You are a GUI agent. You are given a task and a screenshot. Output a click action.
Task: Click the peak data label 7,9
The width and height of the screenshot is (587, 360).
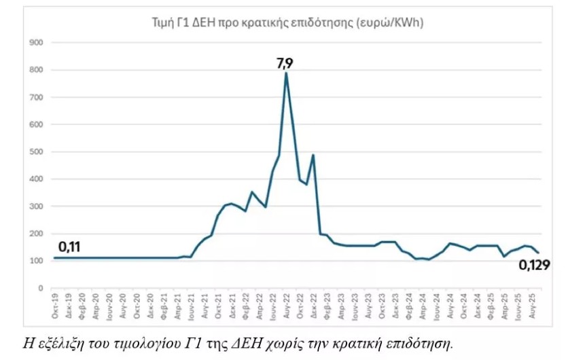[285, 63]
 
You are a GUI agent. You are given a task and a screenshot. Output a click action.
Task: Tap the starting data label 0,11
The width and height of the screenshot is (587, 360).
[70, 247]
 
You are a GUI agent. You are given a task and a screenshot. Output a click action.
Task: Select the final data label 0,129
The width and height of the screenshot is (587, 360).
[534, 265]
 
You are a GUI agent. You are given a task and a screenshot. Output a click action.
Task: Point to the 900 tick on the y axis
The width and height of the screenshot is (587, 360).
[37, 43]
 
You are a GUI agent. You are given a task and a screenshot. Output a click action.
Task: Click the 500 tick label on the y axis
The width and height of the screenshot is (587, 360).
[37, 152]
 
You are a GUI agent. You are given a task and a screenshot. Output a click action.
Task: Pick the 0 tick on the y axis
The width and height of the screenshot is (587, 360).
[40, 288]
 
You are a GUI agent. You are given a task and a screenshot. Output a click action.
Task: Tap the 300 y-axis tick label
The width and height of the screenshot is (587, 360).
[37, 206]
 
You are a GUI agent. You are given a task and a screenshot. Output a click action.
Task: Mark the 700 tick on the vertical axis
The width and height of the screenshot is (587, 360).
[37, 97]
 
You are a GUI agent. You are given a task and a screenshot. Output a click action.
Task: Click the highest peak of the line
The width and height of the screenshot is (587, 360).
[286, 73]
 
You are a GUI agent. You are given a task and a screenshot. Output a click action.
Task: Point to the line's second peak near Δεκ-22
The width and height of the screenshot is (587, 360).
[313, 155]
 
